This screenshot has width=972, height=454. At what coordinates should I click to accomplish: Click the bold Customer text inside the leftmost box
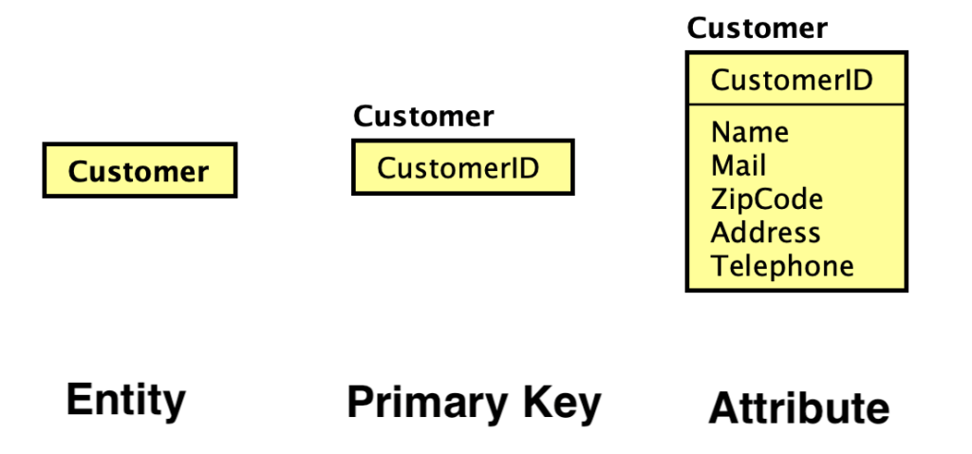point(139,172)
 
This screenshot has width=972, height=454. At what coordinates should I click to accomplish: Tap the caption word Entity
point(125,400)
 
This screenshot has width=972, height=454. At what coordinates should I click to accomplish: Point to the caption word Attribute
point(799,408)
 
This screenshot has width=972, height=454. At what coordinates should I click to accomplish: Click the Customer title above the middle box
point(423,117)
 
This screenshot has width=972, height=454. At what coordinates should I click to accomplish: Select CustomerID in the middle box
point(458,168)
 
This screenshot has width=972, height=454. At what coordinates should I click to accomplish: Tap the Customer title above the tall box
point(757,28)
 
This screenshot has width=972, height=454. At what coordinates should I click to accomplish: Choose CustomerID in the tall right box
point(792,80)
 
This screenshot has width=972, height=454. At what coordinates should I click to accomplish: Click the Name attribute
point(750,132)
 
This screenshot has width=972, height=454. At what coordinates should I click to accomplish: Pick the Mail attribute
point(738,166)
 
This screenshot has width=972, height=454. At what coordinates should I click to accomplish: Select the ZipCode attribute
point(767,199)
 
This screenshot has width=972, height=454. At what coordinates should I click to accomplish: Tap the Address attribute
point(765,233)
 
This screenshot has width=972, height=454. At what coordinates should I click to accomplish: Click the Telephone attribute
point(782,266)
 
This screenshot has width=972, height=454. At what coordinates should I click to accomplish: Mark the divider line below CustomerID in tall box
point(795,104)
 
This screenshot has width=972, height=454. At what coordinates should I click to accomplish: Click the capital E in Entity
point(76,400)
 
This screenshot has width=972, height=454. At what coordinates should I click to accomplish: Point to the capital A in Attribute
point(723,408)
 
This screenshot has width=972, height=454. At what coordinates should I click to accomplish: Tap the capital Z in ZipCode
point(719,199)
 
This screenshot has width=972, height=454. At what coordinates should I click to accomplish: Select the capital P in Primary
point(358,403)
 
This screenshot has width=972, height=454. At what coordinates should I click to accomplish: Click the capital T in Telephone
point(718,266)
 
